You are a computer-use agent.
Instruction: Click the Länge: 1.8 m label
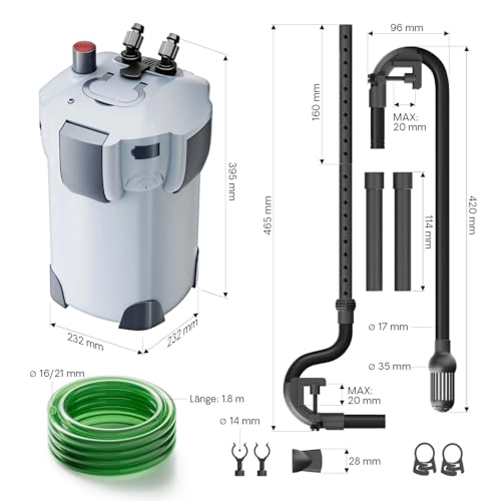[x=216, y=399]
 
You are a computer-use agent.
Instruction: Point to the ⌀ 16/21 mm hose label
[x=57, y=374]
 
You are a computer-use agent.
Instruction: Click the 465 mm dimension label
[x=268, y=215]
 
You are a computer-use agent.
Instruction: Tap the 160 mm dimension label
[x=316, y=102]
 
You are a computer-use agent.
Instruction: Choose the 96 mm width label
[x=406, y=28]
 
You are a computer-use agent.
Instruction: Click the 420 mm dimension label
[x=472, y=215]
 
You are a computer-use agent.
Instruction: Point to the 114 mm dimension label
[x=428, y=231]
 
